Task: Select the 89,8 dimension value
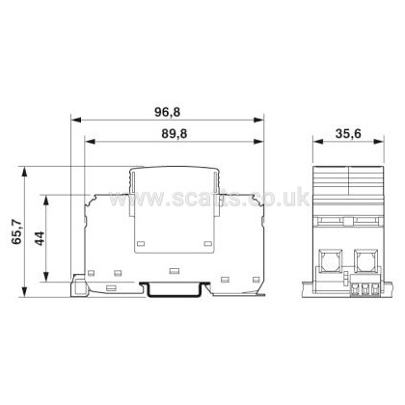tap(169, 130)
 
